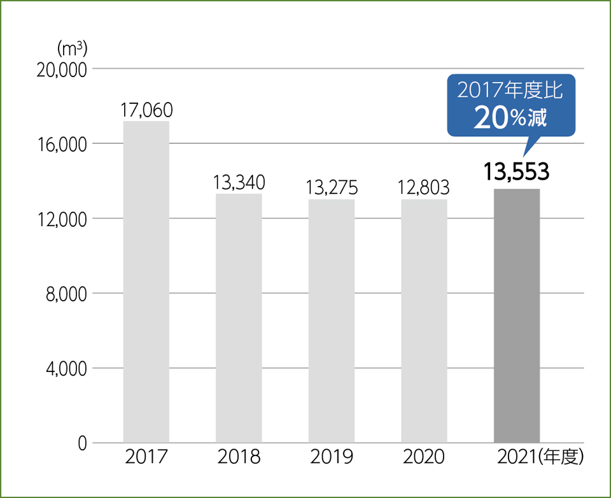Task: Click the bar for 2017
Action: [146, 281]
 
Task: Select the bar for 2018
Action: [239, 318]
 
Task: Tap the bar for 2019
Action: [332, 320]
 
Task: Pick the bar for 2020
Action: [424, 320]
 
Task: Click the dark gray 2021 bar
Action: [517, 315]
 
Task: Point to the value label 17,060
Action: [146, 110]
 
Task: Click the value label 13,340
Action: [239, 183]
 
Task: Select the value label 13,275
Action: [332, 188]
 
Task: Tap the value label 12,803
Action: [424, 188]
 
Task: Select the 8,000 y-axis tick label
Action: [66, 294]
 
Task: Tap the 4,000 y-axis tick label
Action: [66, 369]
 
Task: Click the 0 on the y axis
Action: [81, 443]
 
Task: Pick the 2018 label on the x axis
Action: [239, 457]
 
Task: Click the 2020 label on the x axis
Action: [424, 457]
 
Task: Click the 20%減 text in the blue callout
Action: [510, 118]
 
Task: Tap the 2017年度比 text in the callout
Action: [510, 91]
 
